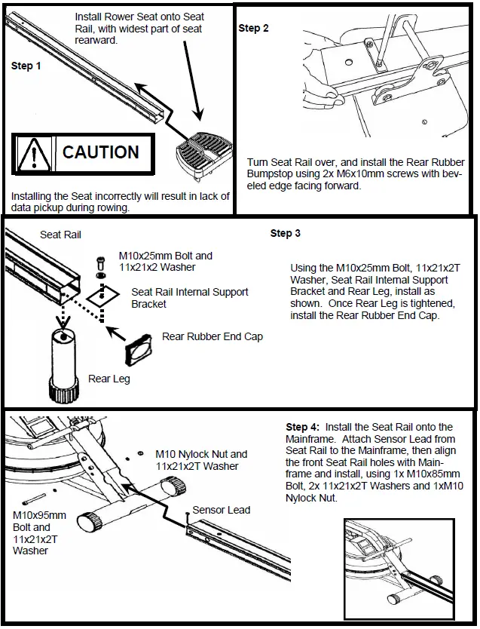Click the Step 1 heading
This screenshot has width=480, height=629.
26,66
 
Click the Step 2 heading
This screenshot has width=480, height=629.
253,29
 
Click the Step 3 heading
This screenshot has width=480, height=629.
286,234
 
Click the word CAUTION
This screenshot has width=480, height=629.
100,152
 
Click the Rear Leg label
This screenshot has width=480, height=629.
109,379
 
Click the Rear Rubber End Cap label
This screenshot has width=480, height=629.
212,336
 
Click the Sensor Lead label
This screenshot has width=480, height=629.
221,510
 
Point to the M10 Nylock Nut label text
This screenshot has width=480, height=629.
201,454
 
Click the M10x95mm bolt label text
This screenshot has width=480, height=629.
39,516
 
